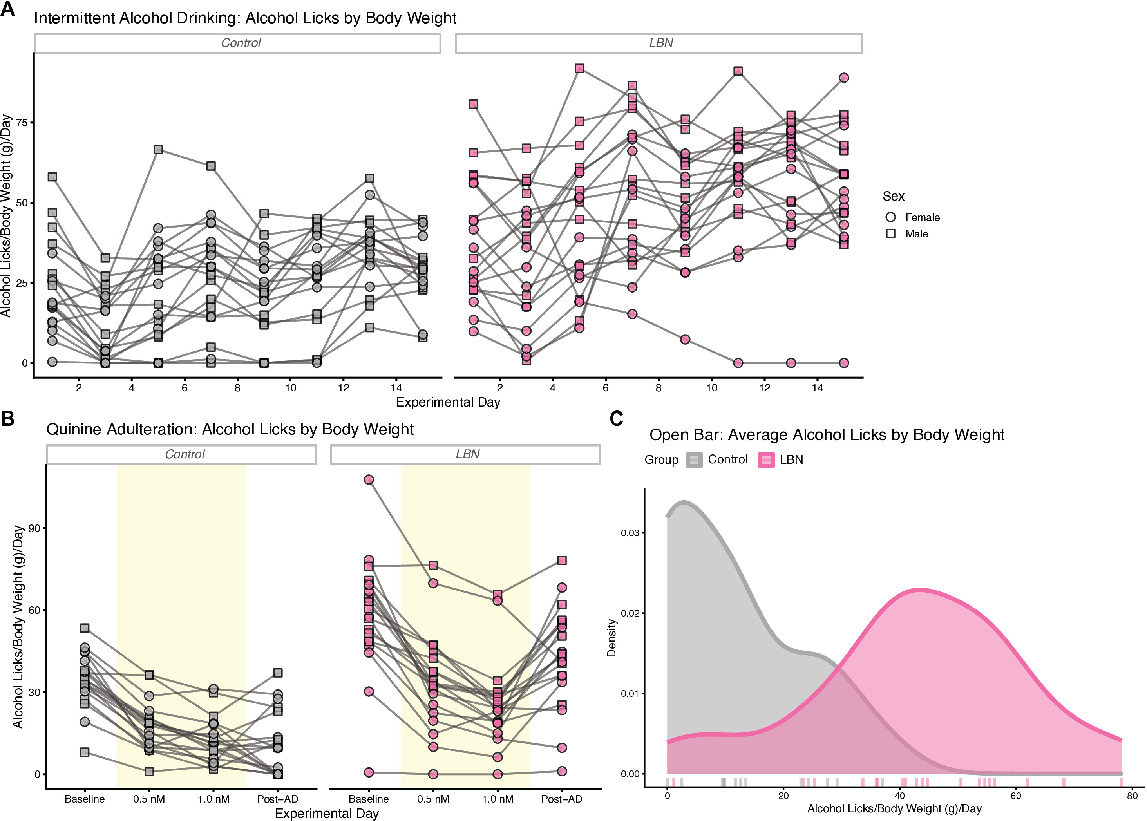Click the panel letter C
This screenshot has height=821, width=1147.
click(x=616, y=419)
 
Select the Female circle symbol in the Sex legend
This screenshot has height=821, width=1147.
click(x=891, y=217)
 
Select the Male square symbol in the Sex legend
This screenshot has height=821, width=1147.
click(x=891, y=233)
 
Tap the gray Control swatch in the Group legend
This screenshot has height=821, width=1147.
click(x=694, y=460)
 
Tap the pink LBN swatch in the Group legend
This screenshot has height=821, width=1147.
click(x=766, y=460)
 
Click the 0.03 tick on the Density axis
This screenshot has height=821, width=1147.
click(x=630, y=533)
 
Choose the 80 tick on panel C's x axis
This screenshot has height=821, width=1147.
click(x=1133, y=795)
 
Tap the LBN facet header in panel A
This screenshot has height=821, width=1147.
click(x=658, y=43)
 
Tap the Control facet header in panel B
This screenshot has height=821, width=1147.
click(x=181, y=454)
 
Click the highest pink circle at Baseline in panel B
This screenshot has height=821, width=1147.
click(x=369, y=479)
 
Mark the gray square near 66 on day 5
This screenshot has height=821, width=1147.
click(x=158, y=150)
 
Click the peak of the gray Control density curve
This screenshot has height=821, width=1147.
click(x=684, y=502)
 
